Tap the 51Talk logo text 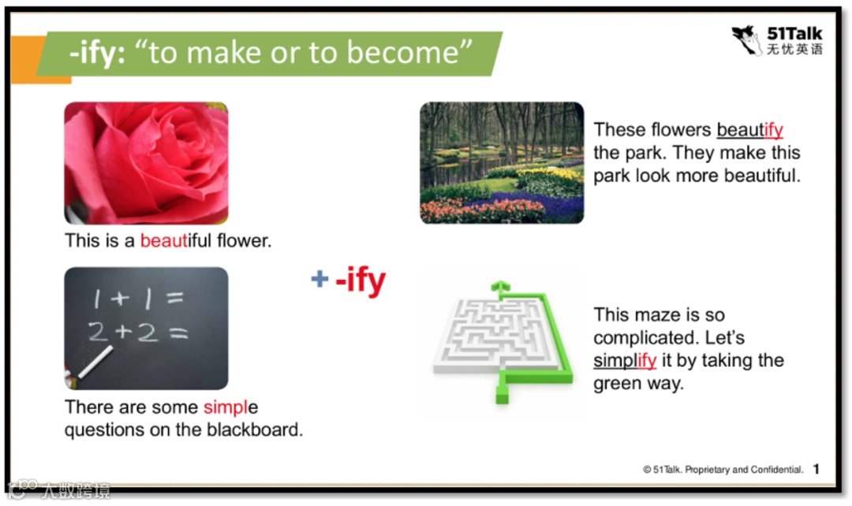click(x=794, y=34)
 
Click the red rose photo click(x=146, y=163)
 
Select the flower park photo click(x=502, y=163)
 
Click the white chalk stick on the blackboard click(x=95, y=363)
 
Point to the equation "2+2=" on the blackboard click(x=138, y=332)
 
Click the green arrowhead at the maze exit click(x=500, y=286)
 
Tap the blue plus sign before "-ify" click(x=319, y=279)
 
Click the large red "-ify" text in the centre click(x=361, y=281)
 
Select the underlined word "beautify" click(x=750, y=130)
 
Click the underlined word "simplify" click(x=625, y=360)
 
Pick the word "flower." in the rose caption click(x=244, y=240)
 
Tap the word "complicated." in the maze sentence click(x=647, y=337)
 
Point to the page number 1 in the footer click(x=816, y=469)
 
